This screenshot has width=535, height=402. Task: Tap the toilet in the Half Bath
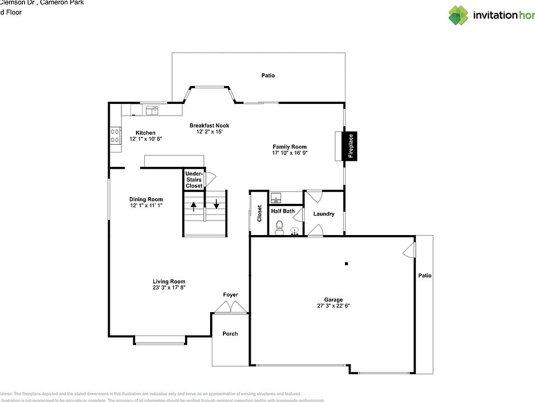279,227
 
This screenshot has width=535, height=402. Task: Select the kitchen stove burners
115,136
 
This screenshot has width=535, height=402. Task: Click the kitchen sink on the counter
152,111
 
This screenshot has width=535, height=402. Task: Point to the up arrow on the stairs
194,205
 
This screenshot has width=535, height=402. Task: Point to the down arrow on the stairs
216,204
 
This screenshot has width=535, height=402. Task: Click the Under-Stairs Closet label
194,180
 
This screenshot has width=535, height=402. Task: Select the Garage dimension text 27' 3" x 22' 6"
333,306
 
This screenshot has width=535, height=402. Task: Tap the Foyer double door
231,306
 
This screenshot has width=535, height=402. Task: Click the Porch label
230,334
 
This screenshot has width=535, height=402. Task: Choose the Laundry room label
324,214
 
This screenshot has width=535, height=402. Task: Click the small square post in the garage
346,264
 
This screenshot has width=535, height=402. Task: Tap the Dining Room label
146,199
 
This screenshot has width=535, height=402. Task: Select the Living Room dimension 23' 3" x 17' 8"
169,288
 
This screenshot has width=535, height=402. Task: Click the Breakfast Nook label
209,126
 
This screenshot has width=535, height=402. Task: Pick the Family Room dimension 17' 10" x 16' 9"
290,153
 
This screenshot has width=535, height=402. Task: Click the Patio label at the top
268,75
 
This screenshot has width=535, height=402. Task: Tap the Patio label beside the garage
425,276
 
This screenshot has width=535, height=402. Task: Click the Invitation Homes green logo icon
458,15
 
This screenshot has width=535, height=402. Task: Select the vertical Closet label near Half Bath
259,213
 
